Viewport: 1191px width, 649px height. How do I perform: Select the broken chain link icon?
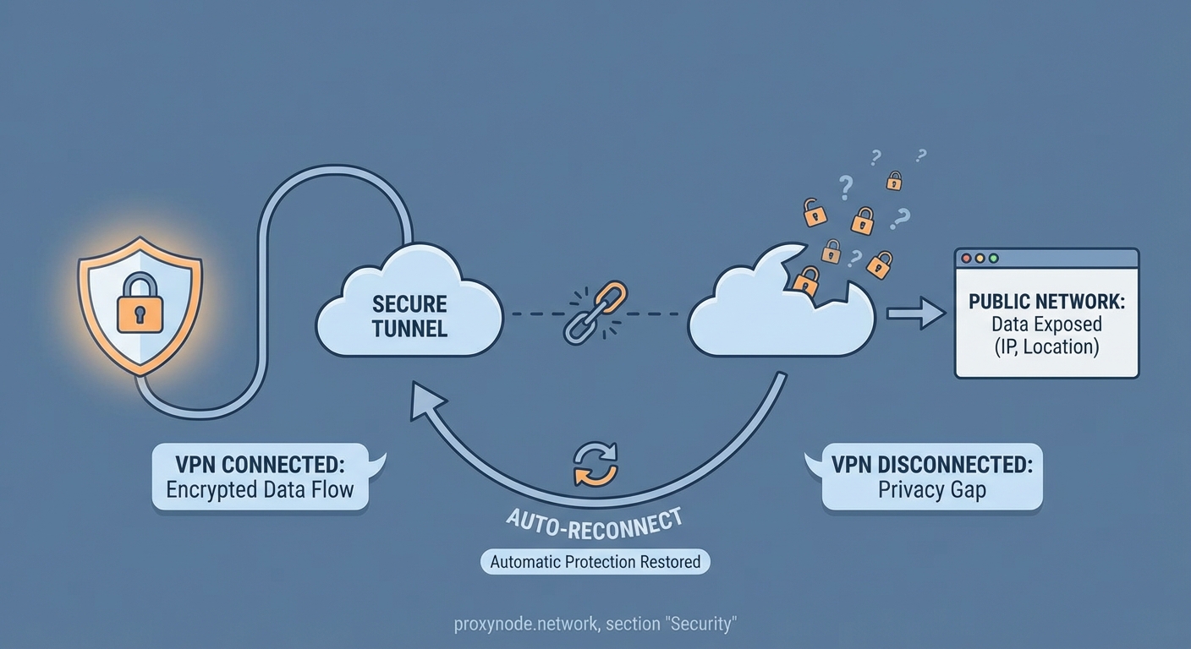click(594, 314)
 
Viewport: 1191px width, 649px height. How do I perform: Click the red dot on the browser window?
click(967, 259)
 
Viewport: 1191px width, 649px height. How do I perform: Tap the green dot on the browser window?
click(994, 259)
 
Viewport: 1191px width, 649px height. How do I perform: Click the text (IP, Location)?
click(1047, 346)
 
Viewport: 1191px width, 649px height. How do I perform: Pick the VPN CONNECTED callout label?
click(260, 477)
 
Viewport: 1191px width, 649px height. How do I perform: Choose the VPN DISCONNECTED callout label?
click(931, 477)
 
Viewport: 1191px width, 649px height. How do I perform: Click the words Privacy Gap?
click(931, 490)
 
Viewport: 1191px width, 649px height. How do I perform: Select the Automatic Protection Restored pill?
click(595, 561)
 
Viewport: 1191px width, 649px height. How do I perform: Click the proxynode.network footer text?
click(595, 624)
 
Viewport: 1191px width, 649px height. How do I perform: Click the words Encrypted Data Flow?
click(260, 490)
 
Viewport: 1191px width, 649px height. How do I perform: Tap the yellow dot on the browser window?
click(980, 259)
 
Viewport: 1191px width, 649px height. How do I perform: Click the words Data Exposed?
click(1047, 324)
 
